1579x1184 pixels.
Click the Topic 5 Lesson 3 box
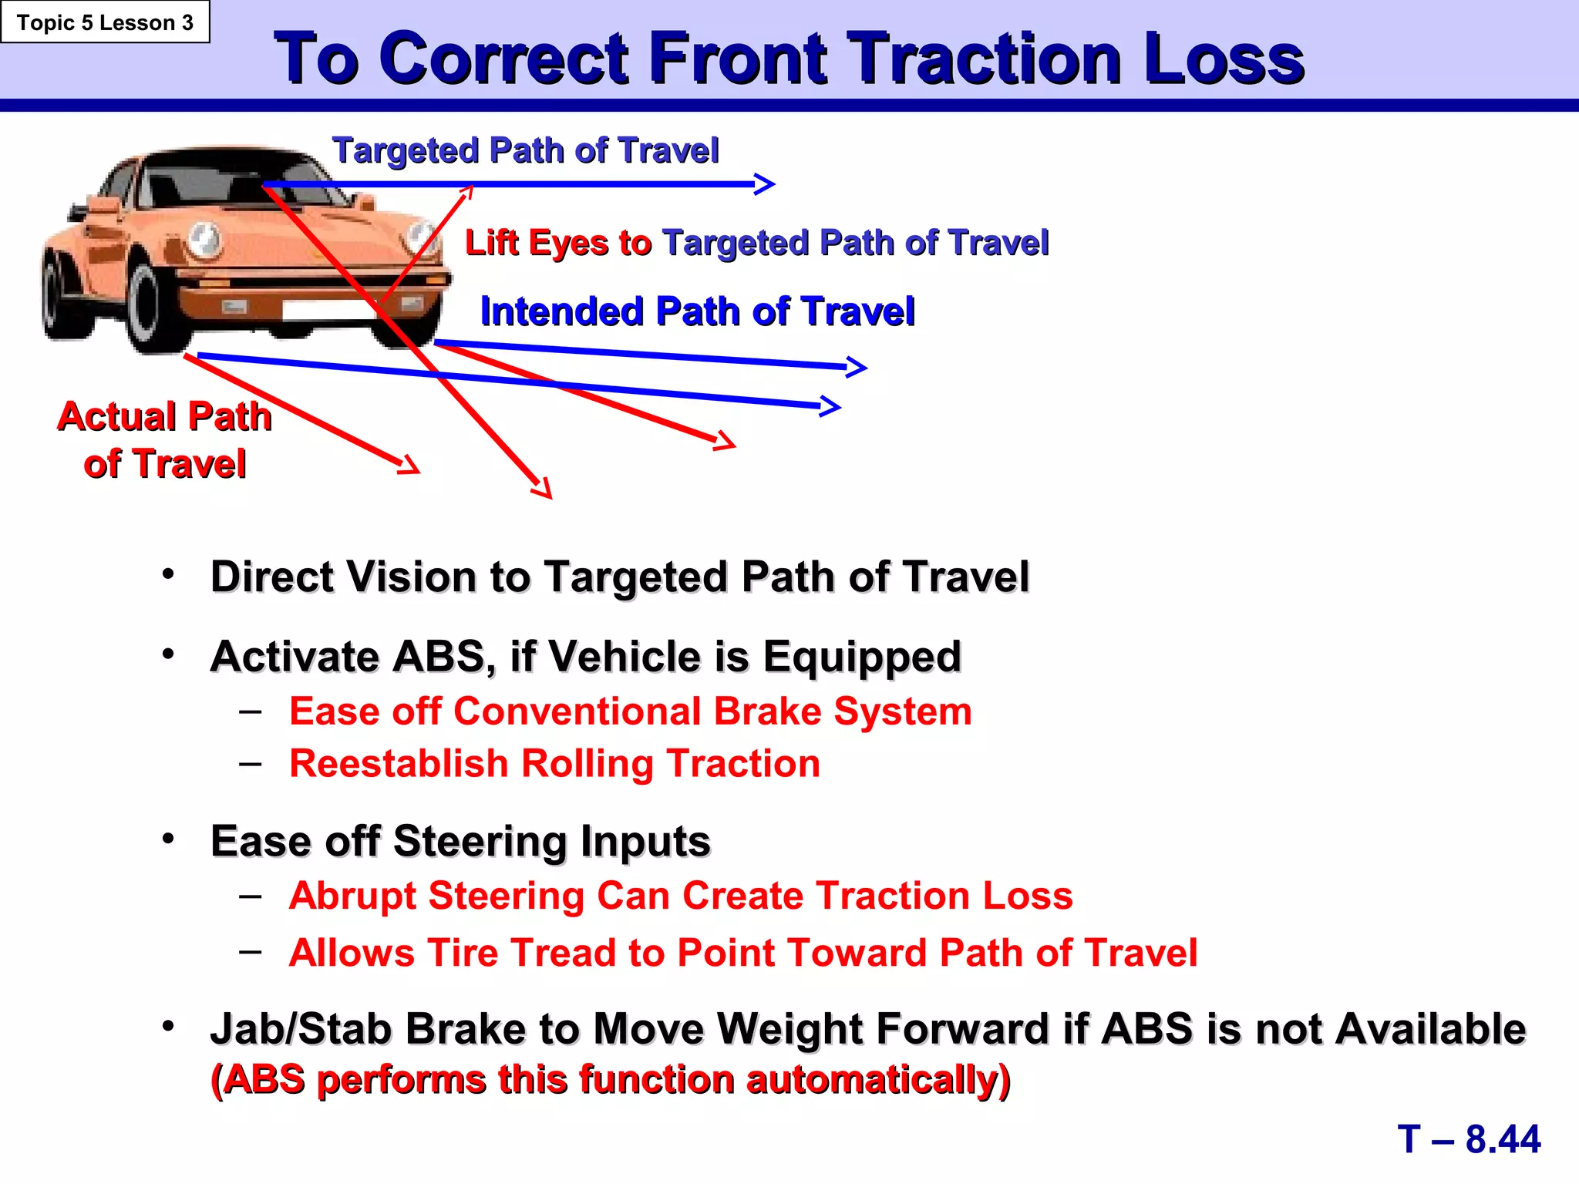pyautogui.click(x=105, y=22)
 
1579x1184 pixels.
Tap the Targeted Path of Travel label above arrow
pyautogui.click(x=525, y=150)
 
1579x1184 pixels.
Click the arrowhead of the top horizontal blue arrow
pyautogui.click(x=765, y=184)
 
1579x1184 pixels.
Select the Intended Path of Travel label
pyautogui.click(x=697, y=312)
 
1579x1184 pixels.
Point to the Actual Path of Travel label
pyautogui.click(x=164, y=440)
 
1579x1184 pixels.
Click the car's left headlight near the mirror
pyautogui.click(x=204, y=240)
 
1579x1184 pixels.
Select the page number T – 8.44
pyautogui.click(x=1469, y=1139)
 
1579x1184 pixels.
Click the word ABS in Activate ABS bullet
pyautogui.click(x=436, y=658)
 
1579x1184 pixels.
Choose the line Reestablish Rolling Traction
pyautogui.click(x=554, y=764)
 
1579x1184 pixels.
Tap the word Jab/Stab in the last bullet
pyautogui.click(x=301, y=1030)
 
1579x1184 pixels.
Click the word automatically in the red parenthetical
pyautogui.click(x=871, y=1080)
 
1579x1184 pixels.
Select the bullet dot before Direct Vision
pyautogui.click(x=169, y=574)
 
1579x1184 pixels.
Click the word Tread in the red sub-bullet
pyautogui.click(x=560, y=954)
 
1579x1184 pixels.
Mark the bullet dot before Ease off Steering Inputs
pyautogui.click(x=169, y=839)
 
